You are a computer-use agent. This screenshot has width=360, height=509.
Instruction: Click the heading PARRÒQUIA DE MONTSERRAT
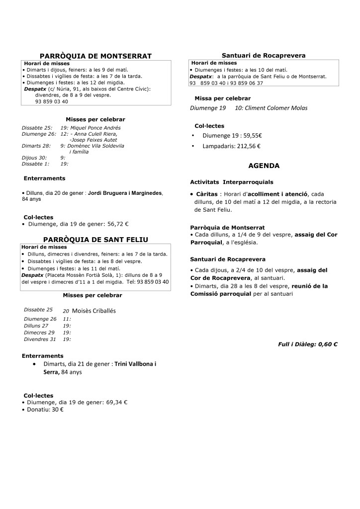pos(95,56)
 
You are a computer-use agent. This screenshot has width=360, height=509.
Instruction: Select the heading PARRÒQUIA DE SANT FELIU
pos(95,240)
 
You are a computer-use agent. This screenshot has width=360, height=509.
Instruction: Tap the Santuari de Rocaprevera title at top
pos(264,55)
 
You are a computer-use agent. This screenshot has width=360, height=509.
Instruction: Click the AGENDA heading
pos(264,166)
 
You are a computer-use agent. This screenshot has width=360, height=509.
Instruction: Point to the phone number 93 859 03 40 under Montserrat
pos(52,101)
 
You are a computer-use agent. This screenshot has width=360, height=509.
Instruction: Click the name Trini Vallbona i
pos(135,364)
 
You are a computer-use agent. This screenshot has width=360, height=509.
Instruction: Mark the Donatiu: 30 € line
pos(44,410)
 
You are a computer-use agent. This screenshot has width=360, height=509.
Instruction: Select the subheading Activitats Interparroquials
pos(232,182)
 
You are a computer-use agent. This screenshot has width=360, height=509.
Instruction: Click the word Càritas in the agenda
pos(206,193)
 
